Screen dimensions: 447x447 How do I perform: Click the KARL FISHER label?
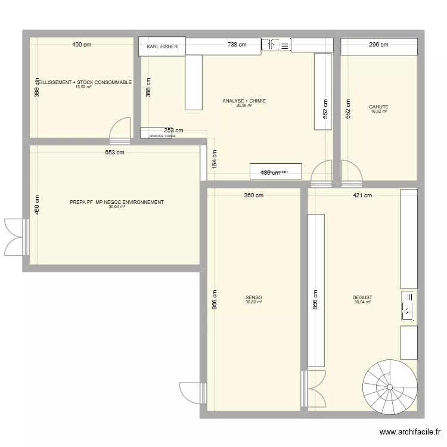(x=162, y=46)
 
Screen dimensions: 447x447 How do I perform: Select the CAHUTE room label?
(x=378, y=107)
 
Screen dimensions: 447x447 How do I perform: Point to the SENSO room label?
(x=253, y=298)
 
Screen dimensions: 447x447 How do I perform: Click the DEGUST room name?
(x=362, y=298)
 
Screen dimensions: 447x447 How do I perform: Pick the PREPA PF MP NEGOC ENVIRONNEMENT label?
(x=117, y=203)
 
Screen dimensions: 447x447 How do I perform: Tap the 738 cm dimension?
(x=237, y=45)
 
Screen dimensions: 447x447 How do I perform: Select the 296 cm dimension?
(x=378, y=45)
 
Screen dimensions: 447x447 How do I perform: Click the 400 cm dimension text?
(x=82, y=45)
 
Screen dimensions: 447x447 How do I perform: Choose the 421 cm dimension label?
(x=362, y=195)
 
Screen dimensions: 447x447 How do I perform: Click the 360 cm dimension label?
(x=253, y=195)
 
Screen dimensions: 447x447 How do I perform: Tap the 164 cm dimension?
(x=215, y=160)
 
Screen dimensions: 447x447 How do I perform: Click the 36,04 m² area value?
(x=362, y=303)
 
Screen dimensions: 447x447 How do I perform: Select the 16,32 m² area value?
(x=378, y=112)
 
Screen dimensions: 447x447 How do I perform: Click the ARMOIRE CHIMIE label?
(x=162, y=136)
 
